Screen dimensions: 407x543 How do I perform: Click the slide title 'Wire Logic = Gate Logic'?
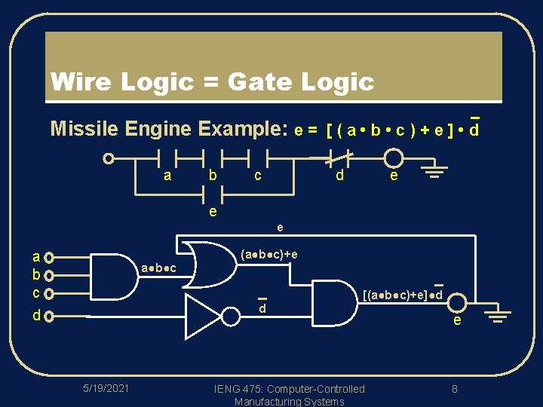click(211, 81)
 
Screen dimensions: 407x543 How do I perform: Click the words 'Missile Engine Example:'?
click(169, 129)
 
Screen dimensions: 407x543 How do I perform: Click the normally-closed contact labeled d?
click(341, 159)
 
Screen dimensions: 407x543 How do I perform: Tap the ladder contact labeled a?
click(167, 159)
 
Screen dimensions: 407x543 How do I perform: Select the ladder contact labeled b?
click(213, 159)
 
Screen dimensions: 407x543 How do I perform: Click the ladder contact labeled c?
click(258, 159)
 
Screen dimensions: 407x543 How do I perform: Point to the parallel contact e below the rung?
click(213, 194)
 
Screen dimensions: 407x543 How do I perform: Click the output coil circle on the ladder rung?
click(393, 159)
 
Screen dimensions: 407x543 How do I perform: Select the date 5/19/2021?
click(106, 388)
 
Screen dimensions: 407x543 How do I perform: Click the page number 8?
click(455, 389)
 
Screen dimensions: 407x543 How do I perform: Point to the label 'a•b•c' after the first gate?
click(159, 269)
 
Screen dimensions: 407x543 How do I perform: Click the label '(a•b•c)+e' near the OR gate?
click(268, 254)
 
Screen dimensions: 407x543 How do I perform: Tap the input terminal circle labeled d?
click(49, 317)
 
